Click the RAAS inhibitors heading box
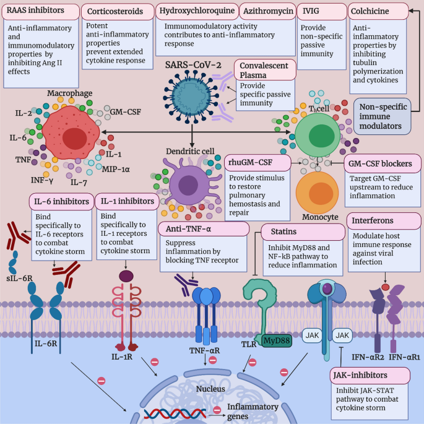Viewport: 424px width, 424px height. pos(40,11)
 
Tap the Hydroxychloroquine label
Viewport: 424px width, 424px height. pos(194,11)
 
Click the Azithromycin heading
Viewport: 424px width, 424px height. pos(264,11)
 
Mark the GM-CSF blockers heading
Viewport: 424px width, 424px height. pos(379,164)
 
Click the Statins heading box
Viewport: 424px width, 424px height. pos(303,231)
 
